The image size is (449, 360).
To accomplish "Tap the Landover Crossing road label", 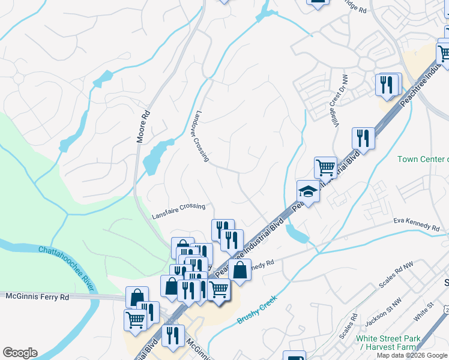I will click(x=201, y=136).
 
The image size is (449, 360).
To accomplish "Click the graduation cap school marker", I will click(x=308, y=192).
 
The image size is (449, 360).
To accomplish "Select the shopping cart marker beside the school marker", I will click(x=325, y=167).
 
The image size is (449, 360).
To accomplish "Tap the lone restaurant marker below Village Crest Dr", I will click(x=363, y=138).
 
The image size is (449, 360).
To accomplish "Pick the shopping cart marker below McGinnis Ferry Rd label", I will click(x=135, y=319).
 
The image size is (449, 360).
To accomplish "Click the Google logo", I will click(x=20, y=353).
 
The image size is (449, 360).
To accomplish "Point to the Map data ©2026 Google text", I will click(x=412, y=355).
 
